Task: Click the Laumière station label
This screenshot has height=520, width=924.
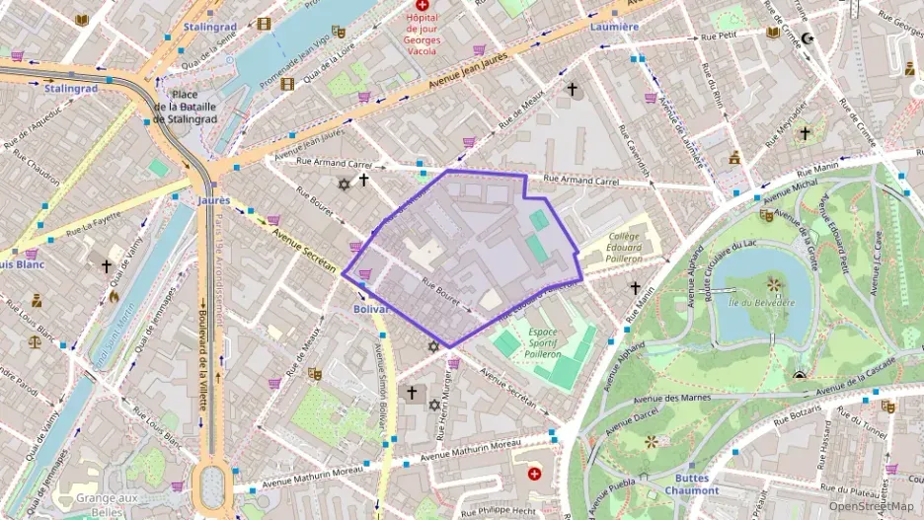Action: [x=614, y=28]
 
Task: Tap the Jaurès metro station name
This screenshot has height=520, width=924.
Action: [x=213, y=200]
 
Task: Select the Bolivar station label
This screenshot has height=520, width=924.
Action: [x=373, y=309]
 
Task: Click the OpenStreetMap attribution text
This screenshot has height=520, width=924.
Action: [x=871, y=506]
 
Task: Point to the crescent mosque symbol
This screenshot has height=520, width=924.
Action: [x=808, y=38]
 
